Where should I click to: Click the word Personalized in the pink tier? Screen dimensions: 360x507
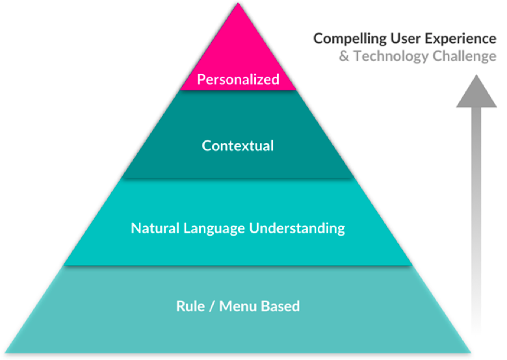(x=238, y=80)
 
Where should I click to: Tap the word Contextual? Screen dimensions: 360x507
(x=238, y=146)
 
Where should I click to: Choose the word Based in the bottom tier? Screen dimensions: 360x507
(x=280, y=305)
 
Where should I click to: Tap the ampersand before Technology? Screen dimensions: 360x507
(x=344, y=57)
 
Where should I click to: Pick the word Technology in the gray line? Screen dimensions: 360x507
(x=388, y=57)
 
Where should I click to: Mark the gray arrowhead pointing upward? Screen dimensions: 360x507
(x=476, y=93)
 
